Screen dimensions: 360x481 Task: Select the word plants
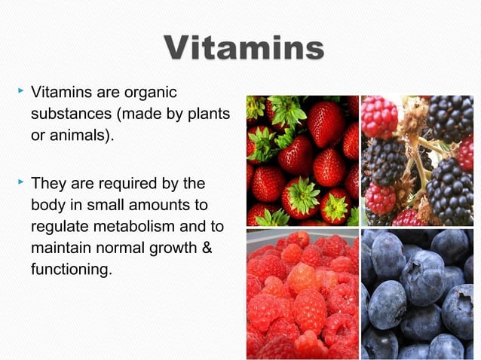203,115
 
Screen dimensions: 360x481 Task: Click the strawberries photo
302,160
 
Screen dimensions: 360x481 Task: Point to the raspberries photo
302,294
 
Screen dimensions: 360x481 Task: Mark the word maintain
58,247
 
